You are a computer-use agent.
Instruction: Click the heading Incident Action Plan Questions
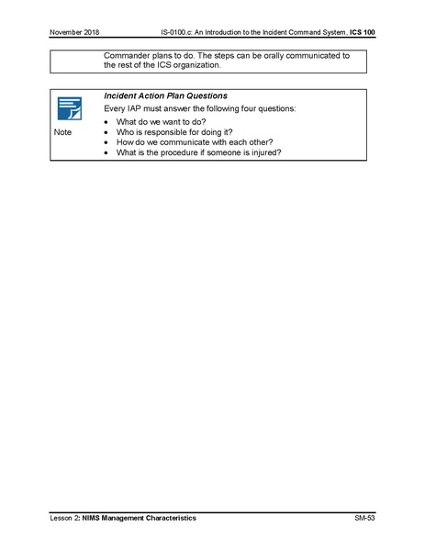click(x=165, y=95)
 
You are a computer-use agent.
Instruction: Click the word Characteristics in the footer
click(x=168, y=519)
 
